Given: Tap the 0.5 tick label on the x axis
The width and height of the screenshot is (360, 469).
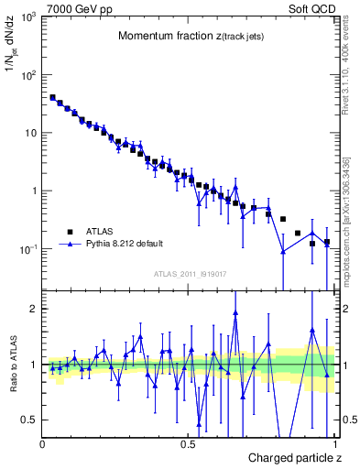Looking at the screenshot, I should click(188, 442).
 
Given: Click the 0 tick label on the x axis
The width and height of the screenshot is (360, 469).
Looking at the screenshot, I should click(42, 442).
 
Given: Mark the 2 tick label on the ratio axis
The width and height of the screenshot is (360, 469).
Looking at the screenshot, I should click(32, 309).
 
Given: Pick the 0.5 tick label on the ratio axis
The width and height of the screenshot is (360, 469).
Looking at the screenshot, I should click(28, 420).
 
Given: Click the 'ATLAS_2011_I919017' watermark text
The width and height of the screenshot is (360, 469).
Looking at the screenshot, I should click(190, 273).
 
